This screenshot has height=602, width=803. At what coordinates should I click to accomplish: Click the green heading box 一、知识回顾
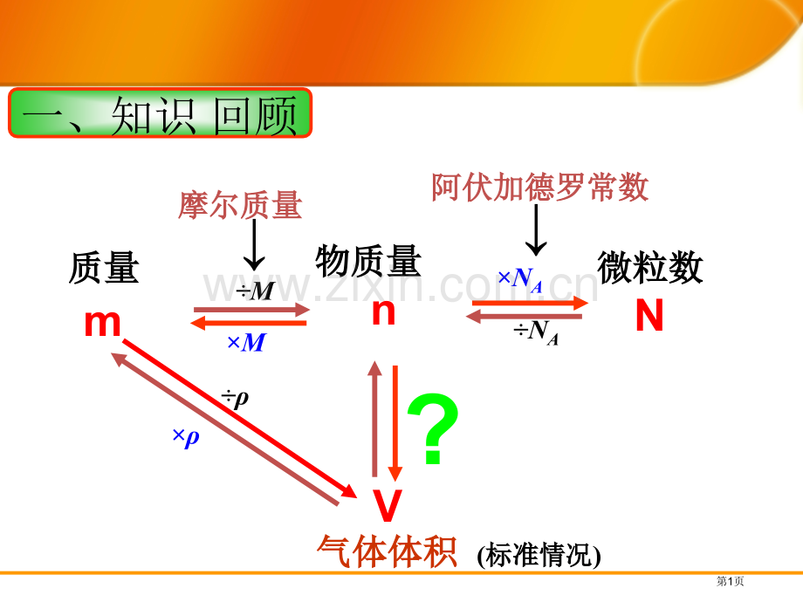160,113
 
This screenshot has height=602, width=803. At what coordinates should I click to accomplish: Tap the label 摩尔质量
240,206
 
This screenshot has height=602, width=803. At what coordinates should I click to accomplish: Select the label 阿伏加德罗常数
539,188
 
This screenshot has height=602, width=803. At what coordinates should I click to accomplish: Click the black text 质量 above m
104,268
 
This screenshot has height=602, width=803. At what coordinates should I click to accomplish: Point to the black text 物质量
368,261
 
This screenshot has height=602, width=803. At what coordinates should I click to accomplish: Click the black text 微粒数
650,267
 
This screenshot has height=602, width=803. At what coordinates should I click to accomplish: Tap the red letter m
102,323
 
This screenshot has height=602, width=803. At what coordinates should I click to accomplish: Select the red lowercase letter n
383,311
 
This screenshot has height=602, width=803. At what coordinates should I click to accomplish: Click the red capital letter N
649,315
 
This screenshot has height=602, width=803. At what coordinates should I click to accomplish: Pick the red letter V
388,506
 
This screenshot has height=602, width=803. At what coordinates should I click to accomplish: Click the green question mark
433,429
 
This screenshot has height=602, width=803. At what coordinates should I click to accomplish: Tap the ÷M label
255,291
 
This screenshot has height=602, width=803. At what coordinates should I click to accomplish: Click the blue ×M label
246,343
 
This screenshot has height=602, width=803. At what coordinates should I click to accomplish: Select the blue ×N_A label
520,280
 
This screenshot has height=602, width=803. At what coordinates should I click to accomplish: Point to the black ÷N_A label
536,332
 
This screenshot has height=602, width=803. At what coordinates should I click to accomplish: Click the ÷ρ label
235,398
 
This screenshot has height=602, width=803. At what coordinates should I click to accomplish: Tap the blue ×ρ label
186,436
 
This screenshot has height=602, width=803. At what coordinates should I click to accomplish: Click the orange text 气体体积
387,551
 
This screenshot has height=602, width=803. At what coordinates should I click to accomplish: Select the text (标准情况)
539,555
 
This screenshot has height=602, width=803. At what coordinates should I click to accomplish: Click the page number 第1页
730,581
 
